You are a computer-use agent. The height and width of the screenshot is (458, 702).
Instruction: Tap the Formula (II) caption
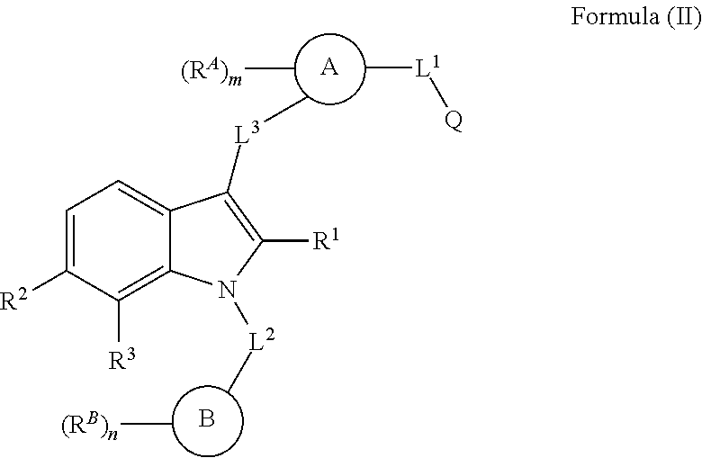coord(635,19)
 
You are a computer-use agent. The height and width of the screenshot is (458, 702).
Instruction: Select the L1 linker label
coord(427,70)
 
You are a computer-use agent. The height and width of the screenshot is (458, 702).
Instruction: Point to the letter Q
coord(454,122)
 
